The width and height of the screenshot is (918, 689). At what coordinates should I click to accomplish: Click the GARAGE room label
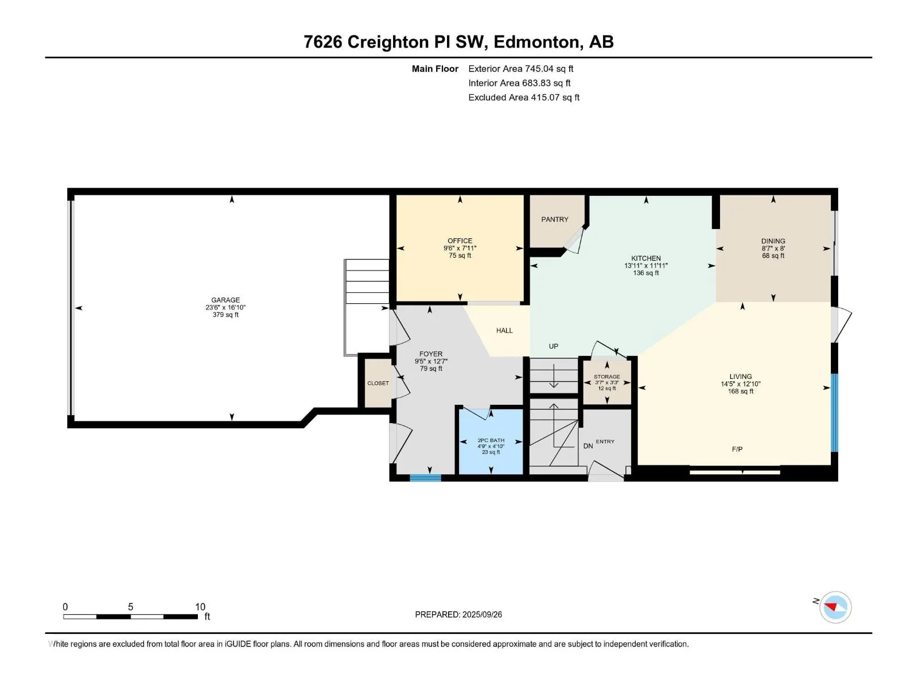[225, 300]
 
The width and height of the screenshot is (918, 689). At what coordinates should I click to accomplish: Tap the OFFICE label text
[460, 241]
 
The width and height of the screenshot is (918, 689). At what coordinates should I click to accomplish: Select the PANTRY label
[555, 219]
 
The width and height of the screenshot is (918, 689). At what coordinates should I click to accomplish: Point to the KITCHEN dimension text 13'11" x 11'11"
[645, 266]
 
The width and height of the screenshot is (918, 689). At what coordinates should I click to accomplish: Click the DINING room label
[773, 241]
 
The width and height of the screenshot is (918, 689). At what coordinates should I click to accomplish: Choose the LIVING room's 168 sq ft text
[740, 391]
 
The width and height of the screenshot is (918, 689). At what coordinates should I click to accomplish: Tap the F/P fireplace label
[737, 450]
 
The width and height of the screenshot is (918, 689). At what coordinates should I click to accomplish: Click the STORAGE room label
[607, 377]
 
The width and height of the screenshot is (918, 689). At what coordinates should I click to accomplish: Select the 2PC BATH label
[491, 440]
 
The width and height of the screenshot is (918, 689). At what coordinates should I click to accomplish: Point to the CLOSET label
[378, 383]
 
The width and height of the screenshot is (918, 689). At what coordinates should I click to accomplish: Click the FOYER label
[431, 354]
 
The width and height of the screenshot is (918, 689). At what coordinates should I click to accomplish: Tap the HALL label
[504, 331]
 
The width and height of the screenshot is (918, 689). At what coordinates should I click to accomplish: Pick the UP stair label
[553, 346]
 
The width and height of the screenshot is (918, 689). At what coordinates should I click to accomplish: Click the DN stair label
[588, 446]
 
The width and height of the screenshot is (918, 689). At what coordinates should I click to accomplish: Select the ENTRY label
[605, 442]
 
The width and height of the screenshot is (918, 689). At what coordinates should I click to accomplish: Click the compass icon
[835, 607]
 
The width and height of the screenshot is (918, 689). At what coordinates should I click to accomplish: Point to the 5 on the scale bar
[130, 606]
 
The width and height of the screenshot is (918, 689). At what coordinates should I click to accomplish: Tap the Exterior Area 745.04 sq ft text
[521, 68]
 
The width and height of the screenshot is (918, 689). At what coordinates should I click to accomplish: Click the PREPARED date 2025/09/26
[482, 614]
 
